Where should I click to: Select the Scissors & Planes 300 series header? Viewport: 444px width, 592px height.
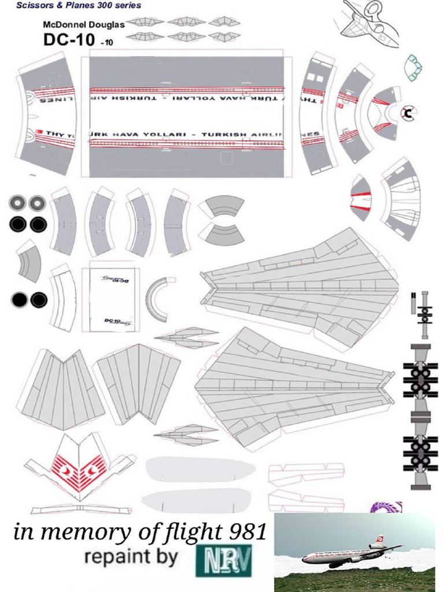(79, 5)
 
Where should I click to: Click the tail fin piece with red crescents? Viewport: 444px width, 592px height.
(80, 468)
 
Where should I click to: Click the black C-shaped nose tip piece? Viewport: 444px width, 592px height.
(409, 113)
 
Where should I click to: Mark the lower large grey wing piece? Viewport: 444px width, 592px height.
(295, 384)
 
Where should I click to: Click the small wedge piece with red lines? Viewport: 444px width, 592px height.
(361, 198)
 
